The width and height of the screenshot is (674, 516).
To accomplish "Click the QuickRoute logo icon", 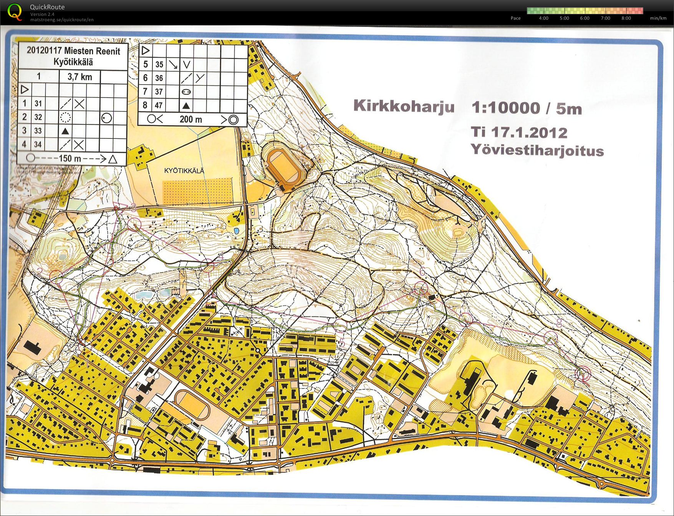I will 15,12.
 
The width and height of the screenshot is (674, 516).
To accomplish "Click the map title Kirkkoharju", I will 404,106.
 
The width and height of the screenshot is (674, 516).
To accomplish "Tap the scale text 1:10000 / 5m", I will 527,108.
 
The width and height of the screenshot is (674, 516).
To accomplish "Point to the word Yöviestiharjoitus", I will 537,150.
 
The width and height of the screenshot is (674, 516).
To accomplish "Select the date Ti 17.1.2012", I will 519,132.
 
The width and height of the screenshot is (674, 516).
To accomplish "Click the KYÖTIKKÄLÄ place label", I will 184,171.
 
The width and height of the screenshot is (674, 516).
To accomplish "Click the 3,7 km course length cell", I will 80,77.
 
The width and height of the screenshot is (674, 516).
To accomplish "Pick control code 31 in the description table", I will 38,103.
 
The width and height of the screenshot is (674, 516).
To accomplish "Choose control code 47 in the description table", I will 159,105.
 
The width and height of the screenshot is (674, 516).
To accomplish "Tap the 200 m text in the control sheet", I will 191,120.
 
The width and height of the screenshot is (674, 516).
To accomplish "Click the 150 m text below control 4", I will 70,158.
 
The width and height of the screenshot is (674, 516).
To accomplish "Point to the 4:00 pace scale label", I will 543,18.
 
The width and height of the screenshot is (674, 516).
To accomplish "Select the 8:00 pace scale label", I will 626,18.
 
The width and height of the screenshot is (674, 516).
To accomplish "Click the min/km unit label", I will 658,18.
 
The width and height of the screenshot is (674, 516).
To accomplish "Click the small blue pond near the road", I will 236,231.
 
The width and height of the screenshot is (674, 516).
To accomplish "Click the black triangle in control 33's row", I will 66,131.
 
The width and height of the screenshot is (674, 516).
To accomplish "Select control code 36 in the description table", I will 159,78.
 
